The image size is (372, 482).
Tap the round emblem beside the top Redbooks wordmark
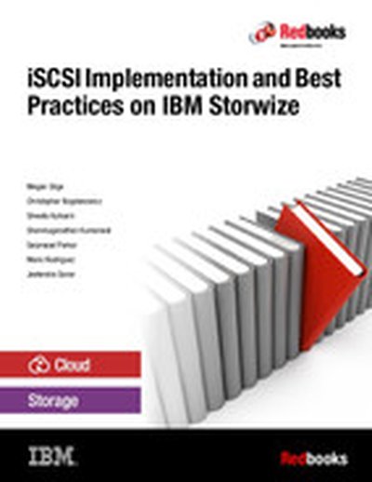(262, 34)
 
